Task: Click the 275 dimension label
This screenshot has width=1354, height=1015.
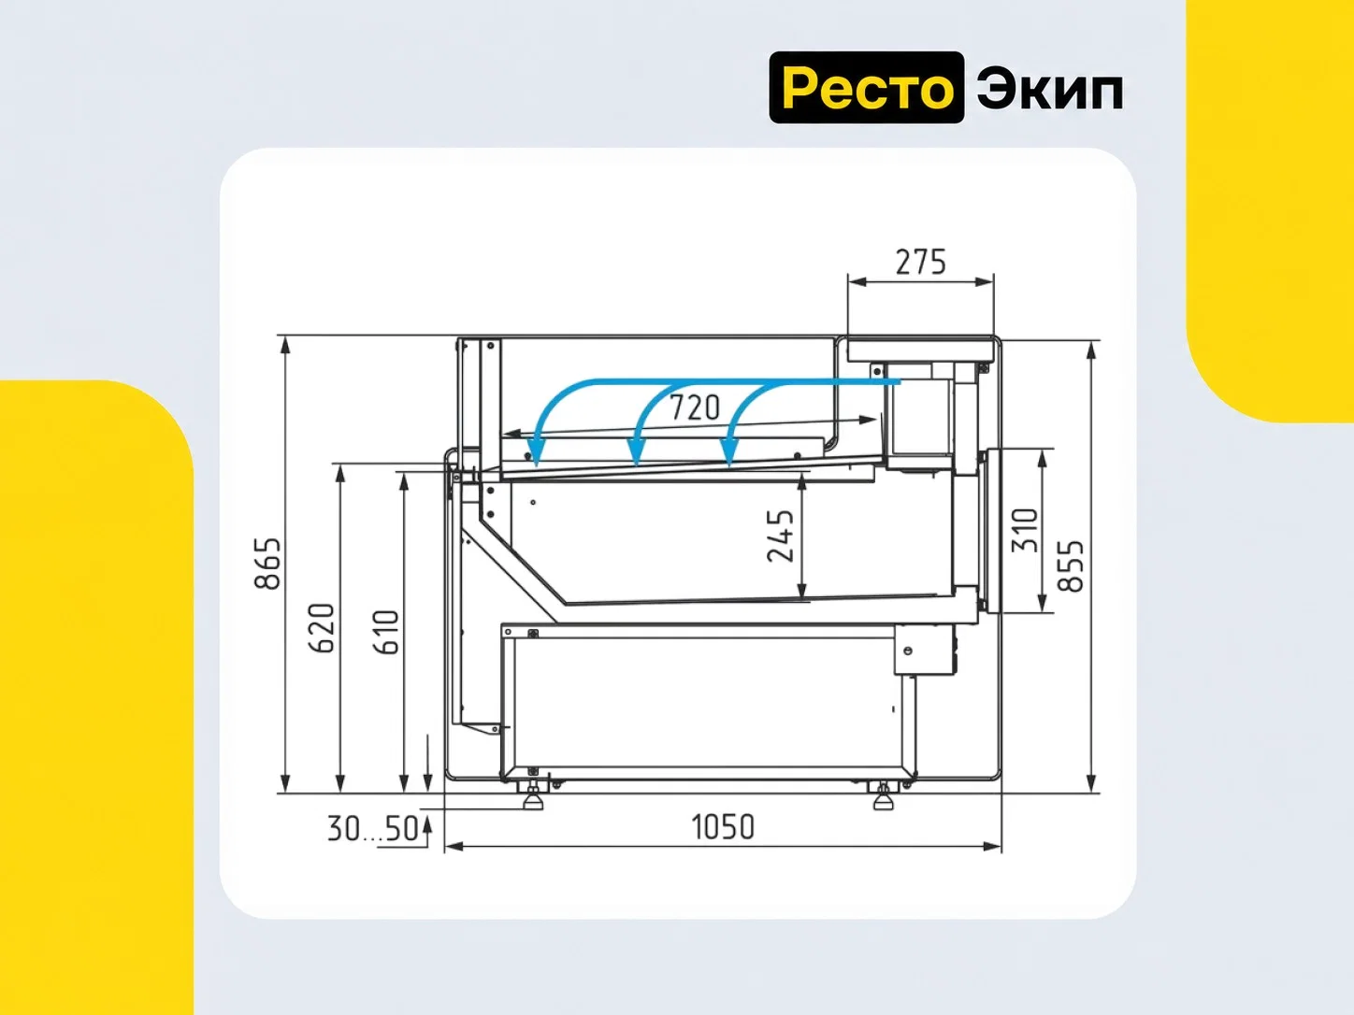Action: pos(920,263)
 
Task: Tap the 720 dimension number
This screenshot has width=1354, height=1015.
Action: pos(695,407)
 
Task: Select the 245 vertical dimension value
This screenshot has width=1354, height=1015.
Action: pos(780,536)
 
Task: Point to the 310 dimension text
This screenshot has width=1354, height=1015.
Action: pos(1025,531)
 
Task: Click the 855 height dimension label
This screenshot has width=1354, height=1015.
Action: pos(1071,566)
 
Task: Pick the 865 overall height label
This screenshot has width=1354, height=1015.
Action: pos(267,564)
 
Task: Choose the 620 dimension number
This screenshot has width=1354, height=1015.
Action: pos(322,628)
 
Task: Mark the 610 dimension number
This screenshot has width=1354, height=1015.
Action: pos(386,633)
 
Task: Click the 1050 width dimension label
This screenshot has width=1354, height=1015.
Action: pos(723,827)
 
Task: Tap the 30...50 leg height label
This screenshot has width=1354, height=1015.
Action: pos(372,829)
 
